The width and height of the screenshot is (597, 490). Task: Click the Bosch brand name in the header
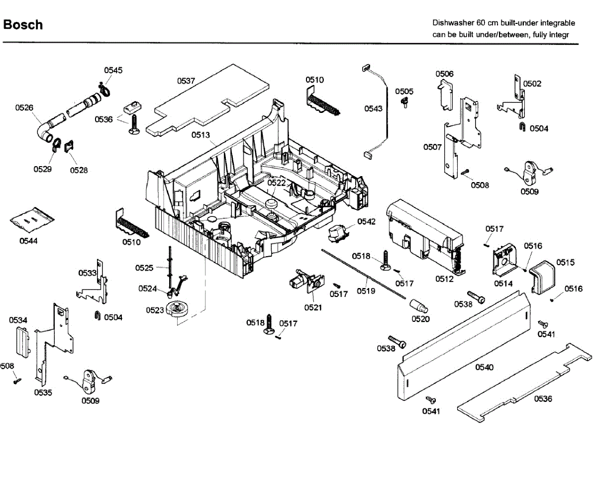pos(23,25)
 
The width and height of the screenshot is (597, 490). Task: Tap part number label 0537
pos(186,81)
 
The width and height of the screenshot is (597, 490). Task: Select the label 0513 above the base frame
pos(200,135)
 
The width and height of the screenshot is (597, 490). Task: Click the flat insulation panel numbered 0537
pos(207,100)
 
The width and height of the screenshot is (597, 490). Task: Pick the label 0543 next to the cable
pos(373,109)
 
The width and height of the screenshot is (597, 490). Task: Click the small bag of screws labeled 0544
pos(32,220)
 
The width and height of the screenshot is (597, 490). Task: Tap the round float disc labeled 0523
pos(177,308)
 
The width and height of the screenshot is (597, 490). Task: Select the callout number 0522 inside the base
pos(277,183)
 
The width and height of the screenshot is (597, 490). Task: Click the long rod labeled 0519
pos(364,274)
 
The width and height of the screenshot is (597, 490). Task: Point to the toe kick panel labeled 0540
pos(464,345)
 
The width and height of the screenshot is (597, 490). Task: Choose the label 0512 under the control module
pos(444,279)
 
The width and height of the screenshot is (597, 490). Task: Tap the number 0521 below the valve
pos(313,307)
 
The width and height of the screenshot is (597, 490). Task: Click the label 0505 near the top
pos(404,92)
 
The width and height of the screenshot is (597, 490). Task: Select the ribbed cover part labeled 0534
pos(23,343)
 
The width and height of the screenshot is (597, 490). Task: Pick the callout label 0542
pos(366,222)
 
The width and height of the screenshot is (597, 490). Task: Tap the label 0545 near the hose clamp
pos(113,70)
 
